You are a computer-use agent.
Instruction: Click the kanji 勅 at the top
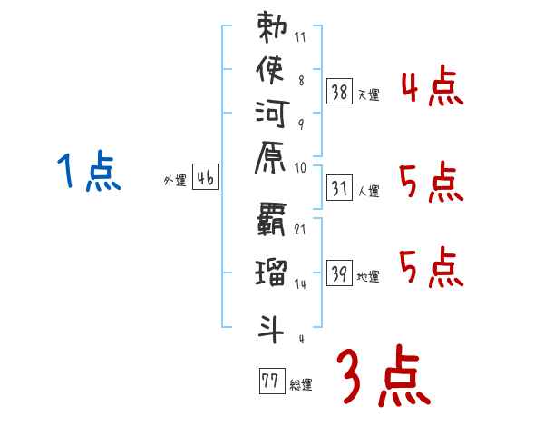[x=272, y=30]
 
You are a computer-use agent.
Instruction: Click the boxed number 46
[x=205, y=178]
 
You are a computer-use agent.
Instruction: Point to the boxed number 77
[x=270, y=380]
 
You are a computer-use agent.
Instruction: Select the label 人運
[x=369, y=190]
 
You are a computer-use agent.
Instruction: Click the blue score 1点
[x=88, y=173]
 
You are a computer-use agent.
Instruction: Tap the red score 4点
[x=432, y=88]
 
